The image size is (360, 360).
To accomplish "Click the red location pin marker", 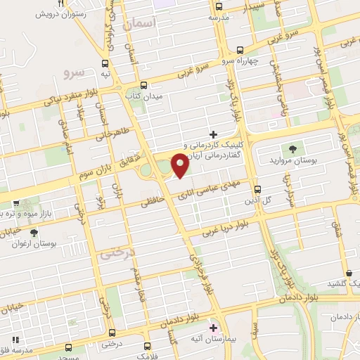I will [x=180, y=166].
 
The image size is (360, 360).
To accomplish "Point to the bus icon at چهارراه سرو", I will [x=240, y=50].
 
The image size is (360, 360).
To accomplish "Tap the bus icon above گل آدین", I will [x=257, y=189].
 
